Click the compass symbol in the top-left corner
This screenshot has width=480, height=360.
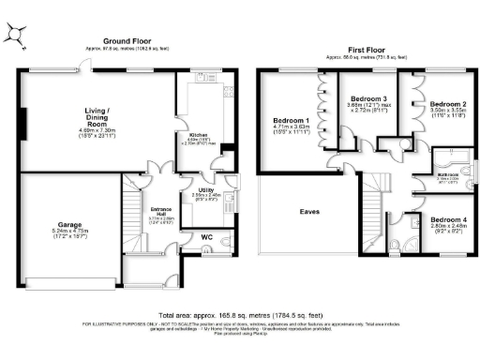point(18,36)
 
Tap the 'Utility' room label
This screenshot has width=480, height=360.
point(206,189)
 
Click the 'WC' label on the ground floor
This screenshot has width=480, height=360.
point(207,238)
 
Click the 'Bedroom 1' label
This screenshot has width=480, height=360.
point(290,121)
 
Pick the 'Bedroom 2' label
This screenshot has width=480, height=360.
point(449,104)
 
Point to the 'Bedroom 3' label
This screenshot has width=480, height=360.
point(368,97)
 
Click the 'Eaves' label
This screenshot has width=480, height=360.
point(310,212)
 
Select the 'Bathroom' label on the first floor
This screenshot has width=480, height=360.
point(447,175)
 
